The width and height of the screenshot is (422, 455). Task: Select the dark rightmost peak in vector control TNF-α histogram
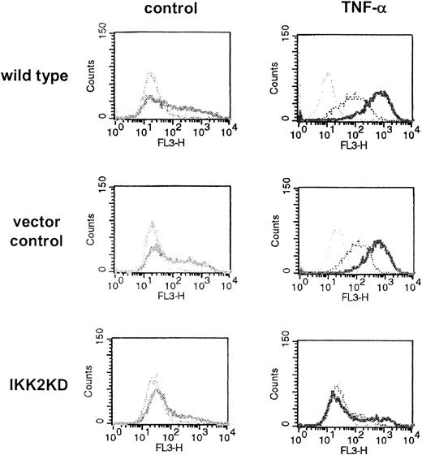click(x=379, y=242)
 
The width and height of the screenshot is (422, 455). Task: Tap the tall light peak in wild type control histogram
click(x=149, y=75)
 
